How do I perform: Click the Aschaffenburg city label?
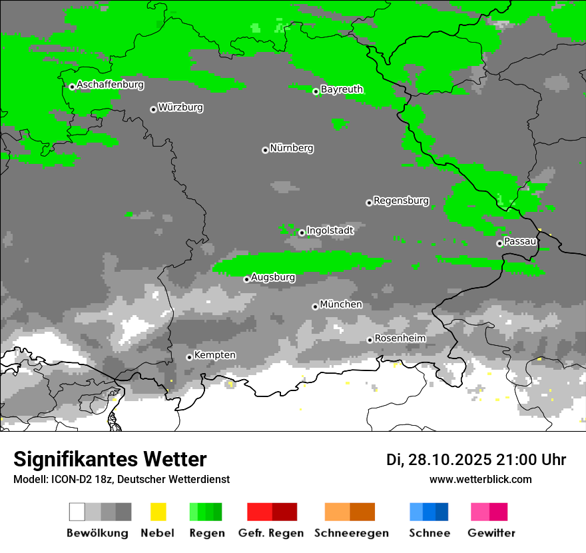pyautogui.click(x=110, y=85)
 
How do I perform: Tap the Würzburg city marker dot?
pyautogui.click(x=153, y=109)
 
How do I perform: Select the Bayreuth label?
pyautogui.click(x=342, y=89)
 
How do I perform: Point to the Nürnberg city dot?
pyautogui.click(x=265, y=150)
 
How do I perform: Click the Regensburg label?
pyautogui.click(x=401, y=201)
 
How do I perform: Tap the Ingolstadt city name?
pyautogui.click(x=330, y=231)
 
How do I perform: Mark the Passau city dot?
pyautogui.click(x=499, y=243)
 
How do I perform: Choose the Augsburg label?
pyautogui.click(x=273, y=277)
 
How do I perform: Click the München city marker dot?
pyautogui.click(x=315, y=306)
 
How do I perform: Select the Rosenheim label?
pyautogui.click(x=400, y=338)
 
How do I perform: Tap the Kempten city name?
pyautogui.click(x=214, y=355)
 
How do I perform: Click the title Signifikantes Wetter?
pyautogui.click(x=110, y=460)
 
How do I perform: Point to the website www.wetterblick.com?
pyautogui.click(x=480, y=479)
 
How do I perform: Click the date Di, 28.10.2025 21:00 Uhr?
pyautogui.click(x=476, y=460)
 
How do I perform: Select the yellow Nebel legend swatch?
pyautogui.click(x=158, y=512)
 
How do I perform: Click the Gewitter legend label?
pyautogui.click(x=491, y=533)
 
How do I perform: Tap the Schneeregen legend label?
pyautogui.click(x=352, y=533)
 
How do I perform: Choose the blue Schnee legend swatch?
pyautogui.click(x=429, y=512)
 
